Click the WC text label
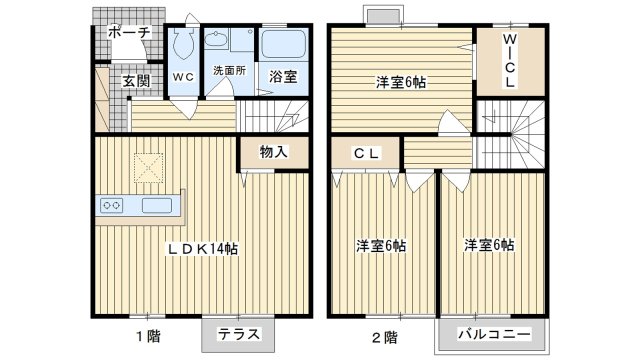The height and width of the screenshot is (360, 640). [183, 76]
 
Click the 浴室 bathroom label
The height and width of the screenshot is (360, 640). [282, 76]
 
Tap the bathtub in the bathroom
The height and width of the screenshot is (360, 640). [284, 45]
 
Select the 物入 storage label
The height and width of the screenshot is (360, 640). [273, 152]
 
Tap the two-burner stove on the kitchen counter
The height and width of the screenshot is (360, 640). [111, 206]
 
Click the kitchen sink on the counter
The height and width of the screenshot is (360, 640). [156, 206]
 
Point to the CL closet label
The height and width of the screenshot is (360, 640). [364, 154]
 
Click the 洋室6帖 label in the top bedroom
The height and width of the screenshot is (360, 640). [400, 83]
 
